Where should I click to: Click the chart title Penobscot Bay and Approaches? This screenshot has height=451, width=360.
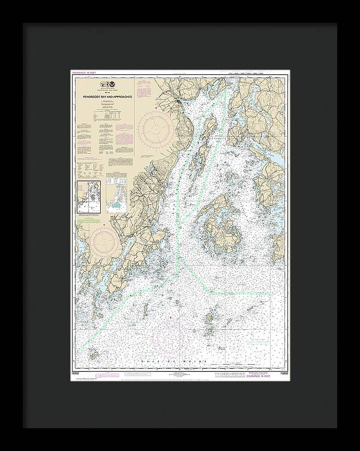100,95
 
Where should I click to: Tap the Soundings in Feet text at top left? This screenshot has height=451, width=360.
84,73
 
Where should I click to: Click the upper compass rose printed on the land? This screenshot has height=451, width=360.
154,127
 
